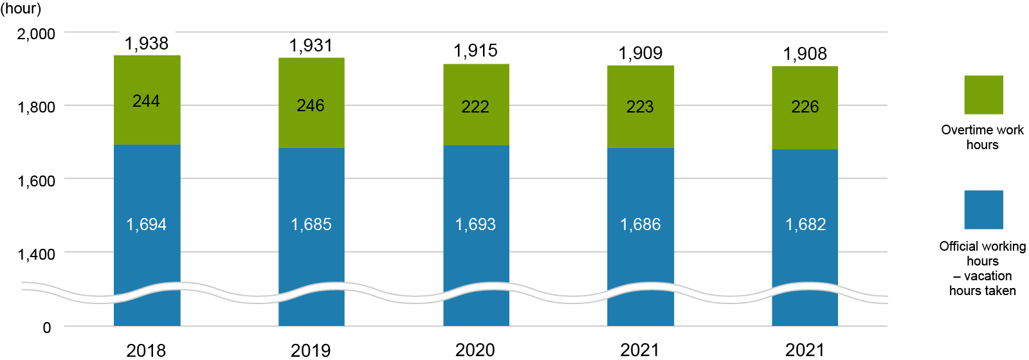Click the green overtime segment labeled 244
[x=147, y=100]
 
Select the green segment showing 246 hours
[x=311, y=103]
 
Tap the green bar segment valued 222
[x=476, y=105]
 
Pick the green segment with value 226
[x=805, y=107]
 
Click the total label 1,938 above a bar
[x=147, y=44]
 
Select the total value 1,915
[x=476, y=51]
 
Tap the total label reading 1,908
[x=805, y=54]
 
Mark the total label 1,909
[x=641, y=53]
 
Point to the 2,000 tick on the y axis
[x=36, y=33]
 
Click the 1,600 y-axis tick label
[x=36, y=181]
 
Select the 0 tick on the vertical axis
[x=46, y=327]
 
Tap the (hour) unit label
[x=21, y=8]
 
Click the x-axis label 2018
[x=147, y=350]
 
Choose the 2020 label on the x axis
[x=476, y=350]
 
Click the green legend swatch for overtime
[x=983, y=95]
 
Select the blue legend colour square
[x=983, y=210]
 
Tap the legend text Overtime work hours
[x=982, y=137]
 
